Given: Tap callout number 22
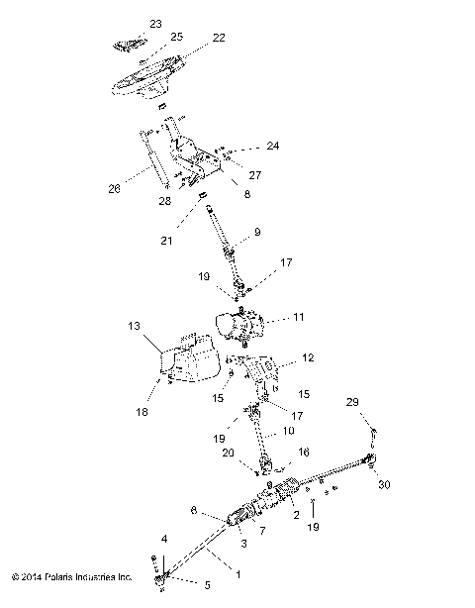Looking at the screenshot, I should (219, 38).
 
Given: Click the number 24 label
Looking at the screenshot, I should (272, 147).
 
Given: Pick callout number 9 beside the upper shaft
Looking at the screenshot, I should (256, 233).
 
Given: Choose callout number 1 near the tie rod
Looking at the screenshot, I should (236, 573).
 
